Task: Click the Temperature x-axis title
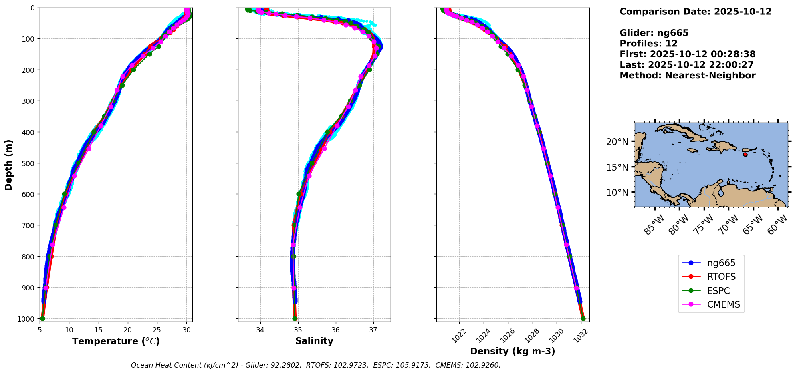(116, 341)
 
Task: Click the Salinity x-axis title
(314, 341)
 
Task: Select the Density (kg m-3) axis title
(513, 351)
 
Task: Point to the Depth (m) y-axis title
(9, 165)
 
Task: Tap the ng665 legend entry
(721, 263)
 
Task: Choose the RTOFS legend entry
(721, 277)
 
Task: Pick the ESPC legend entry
(718, 291)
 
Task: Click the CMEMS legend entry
(723, 304)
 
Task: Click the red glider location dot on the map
(745, 155)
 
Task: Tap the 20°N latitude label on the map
(617, 141)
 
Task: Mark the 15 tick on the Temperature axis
(99, 330)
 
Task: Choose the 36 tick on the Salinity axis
(336, 330)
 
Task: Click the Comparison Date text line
(695, 12)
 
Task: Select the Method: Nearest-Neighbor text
(687, 76)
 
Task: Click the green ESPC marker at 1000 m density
(583, 319)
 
